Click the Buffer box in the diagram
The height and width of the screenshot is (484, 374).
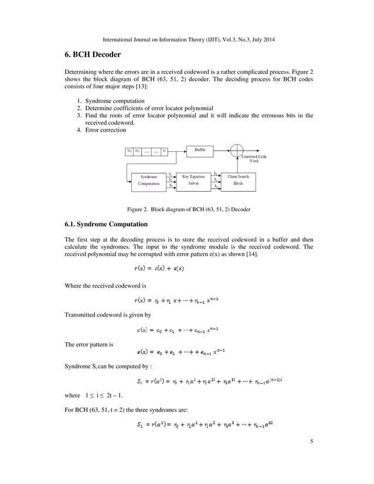[200, 151]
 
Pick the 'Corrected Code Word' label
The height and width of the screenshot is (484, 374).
[254, 159]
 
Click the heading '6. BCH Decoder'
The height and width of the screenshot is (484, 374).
[92, 54]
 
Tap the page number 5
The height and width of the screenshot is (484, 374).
[311, 458]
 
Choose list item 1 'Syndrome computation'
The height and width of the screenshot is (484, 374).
[115, 101]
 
